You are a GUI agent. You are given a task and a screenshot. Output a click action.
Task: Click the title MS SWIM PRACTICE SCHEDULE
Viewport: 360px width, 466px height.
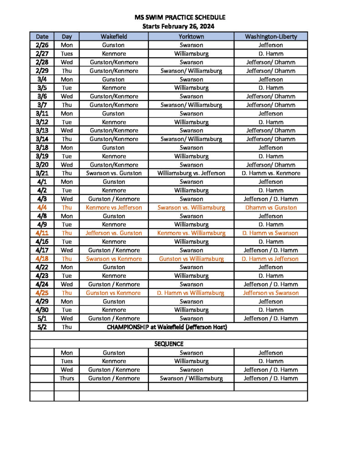coord(180,17)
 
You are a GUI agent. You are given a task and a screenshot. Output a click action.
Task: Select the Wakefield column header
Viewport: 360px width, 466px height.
coord(114,36)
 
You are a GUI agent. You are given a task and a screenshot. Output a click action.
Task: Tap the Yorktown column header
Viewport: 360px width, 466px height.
coord(191,36)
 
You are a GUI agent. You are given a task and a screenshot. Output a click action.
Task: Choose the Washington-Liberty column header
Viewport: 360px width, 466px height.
coord(271,36)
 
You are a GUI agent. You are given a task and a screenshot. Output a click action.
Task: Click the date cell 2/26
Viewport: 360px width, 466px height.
coord(42,45)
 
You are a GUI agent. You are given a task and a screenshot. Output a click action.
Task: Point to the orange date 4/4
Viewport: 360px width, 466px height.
coord(42,208)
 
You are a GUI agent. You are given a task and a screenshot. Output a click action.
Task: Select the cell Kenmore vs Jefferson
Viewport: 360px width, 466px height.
coord(114,208)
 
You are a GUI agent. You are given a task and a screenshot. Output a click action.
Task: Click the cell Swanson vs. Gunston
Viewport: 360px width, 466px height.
coord(114,173)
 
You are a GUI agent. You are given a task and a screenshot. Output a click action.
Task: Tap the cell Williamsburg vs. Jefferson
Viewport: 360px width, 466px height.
coord(191,173)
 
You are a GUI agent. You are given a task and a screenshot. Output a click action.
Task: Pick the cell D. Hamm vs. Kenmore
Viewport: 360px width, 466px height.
coord(271,173)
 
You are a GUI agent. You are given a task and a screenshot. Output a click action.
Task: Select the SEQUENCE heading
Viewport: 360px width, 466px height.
coord(169,344)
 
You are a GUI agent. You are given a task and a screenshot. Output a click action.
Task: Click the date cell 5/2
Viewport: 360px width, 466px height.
coord(42,327)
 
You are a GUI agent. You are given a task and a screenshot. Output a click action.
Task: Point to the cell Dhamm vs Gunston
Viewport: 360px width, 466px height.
coord(271,208)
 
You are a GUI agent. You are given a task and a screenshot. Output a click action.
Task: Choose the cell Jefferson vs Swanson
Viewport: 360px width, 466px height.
coord(271,293)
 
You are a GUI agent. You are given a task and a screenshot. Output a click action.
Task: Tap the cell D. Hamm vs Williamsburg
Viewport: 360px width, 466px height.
coord(191,293)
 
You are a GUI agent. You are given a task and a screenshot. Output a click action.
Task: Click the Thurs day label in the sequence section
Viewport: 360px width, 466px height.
coord(66,378)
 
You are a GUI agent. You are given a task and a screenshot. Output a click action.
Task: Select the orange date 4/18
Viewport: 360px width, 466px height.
coord(42,259)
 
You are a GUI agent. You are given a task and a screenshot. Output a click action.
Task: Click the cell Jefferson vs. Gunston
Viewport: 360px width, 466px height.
coord(114,233)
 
